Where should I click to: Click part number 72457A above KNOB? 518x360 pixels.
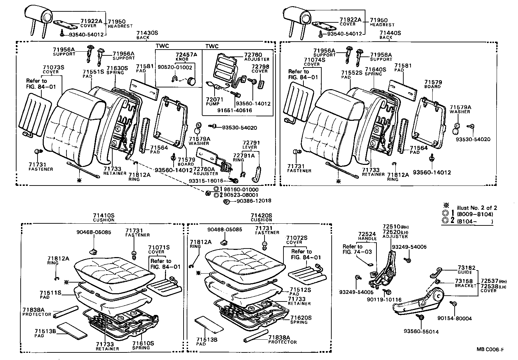(186, 55)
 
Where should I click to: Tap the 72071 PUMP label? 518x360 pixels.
(215, 102)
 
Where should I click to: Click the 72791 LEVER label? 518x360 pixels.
(251, 145)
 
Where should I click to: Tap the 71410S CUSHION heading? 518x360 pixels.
(103, 218)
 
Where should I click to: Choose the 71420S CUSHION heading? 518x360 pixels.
(261, 218)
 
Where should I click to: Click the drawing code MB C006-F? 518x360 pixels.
(490, 350)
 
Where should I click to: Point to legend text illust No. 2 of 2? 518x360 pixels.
(477, 208)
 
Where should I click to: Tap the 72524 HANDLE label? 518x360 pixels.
(367, 236)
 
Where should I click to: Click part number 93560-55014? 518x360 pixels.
(421, 332)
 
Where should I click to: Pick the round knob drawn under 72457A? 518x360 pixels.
(191, 81)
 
